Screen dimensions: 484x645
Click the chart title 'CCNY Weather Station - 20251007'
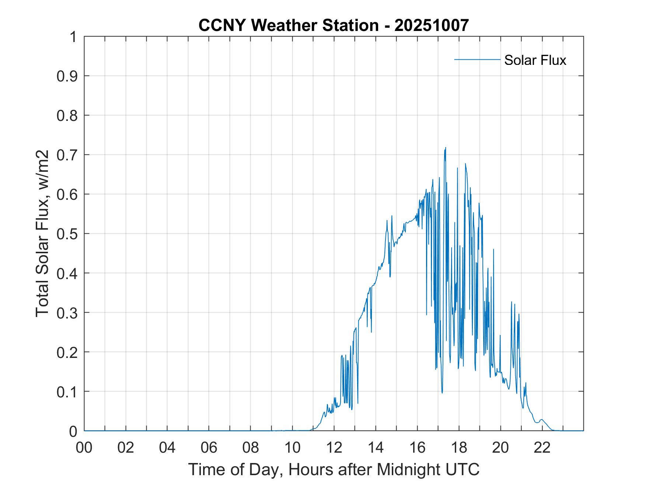[x=334, y=25]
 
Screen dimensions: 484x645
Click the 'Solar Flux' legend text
[x=535, y=60]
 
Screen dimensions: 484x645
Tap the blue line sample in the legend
[x=477, y=59]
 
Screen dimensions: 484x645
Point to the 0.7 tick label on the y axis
[x=68, y=155]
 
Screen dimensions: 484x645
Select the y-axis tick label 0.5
[x=68, y=234]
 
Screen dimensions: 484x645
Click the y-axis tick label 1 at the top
[x=73, y=37]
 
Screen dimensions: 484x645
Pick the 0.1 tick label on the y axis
[x=68, y=392]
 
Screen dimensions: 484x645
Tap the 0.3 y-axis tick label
[x=68, y=313]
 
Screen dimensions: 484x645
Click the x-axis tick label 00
[x=84, y=448]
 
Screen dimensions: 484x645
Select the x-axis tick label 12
[x=334, y=448]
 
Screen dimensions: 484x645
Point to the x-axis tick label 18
[x=459, y=448]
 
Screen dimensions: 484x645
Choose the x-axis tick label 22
[x=542, y=448]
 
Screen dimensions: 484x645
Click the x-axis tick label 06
[x=209, y=448]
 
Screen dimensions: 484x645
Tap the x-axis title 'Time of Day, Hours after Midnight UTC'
[x=334, y=469]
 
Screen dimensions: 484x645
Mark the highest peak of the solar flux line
[x=446, y=148]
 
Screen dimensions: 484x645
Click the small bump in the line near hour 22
[x=541, y=420]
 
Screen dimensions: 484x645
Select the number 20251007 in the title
[x=432, y=25]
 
